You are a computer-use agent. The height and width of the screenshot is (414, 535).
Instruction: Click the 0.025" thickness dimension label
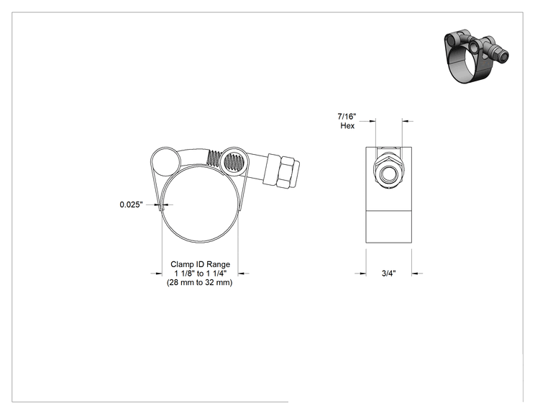pyautogui.click(x=131, y=204)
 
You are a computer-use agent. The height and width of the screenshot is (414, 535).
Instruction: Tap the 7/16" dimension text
pyautogui.click(x=347, y=117)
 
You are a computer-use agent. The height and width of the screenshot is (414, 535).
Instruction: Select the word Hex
pyautogui.click(x=347, y=126)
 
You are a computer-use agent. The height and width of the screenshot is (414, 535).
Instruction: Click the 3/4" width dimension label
pyautogui.click(x=388, y=274)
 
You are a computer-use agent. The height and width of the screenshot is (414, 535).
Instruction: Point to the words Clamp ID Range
pyautogui.click(x=201, y=264)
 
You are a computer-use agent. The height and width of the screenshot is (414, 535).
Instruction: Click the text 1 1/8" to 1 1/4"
pyautogui.click(x=201, y=274)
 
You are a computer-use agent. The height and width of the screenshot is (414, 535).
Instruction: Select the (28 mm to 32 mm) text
pyautogui.click(x=200, y=282)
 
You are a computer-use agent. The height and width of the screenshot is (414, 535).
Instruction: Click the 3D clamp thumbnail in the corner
pyautogui.click(x=476, y=55)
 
